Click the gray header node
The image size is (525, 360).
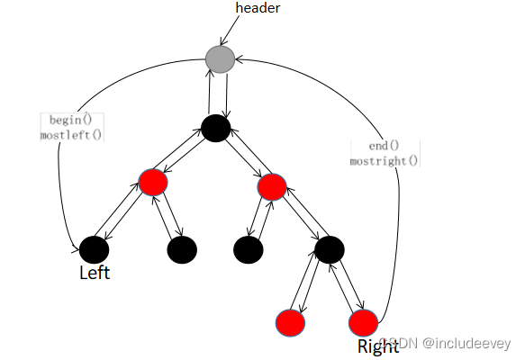(220, 59)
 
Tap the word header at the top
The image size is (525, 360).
(258, 8)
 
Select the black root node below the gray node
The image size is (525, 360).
(216, 128)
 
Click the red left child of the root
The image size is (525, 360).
(153, 183)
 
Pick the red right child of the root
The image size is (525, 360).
(272, 186)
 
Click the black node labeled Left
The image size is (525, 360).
(94, 249)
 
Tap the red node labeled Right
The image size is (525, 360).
(363, 323)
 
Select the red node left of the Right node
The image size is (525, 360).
(290, 323)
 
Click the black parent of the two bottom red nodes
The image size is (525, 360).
(330, 249)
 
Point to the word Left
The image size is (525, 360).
(95, 273)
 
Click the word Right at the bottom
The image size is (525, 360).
(378, 346)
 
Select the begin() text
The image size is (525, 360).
(70, 120)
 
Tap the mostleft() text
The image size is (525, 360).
(71, 135)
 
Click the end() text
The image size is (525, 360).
(384, 146)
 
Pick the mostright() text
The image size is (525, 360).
(384, 161)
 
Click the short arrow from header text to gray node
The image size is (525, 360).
(230, 30)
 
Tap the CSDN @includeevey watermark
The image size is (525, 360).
(446, 343)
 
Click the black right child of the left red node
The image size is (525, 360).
(182, 249)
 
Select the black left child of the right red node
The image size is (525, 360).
(249, 249)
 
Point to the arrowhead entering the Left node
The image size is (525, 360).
(76, 249)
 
